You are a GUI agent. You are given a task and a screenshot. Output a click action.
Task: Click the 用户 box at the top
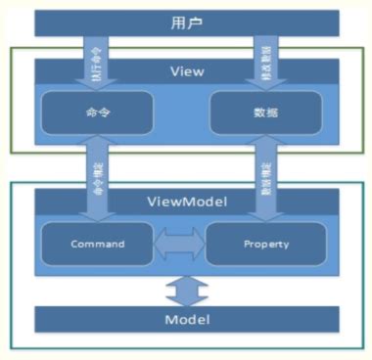click(185, 22)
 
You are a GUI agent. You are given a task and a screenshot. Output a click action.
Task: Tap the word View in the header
click(186, 70)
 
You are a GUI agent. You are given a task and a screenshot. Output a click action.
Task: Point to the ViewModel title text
click(186, 202)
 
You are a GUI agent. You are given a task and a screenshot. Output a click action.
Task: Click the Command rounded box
click(96, 243)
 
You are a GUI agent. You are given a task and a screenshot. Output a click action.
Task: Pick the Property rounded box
click(266, 243)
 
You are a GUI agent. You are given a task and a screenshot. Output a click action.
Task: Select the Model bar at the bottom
click(186, 319)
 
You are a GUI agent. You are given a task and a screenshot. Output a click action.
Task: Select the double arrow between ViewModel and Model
click(186, 290)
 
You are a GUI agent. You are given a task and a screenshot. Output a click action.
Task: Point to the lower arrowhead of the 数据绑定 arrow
click(265, 208)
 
